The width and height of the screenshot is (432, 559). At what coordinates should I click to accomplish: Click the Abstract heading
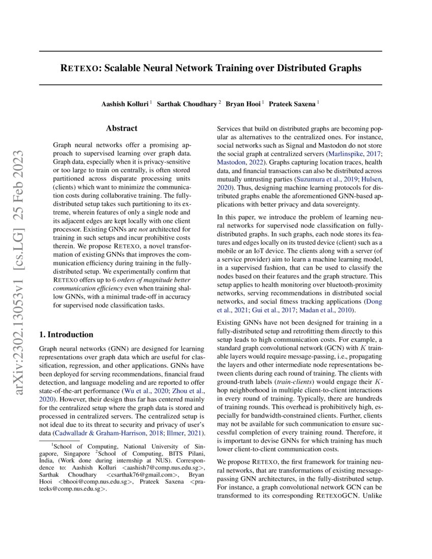pos(121,129)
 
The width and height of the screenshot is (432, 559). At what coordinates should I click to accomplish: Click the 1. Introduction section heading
pos(66,334)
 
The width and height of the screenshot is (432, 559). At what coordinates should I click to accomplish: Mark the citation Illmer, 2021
pos(187,432)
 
